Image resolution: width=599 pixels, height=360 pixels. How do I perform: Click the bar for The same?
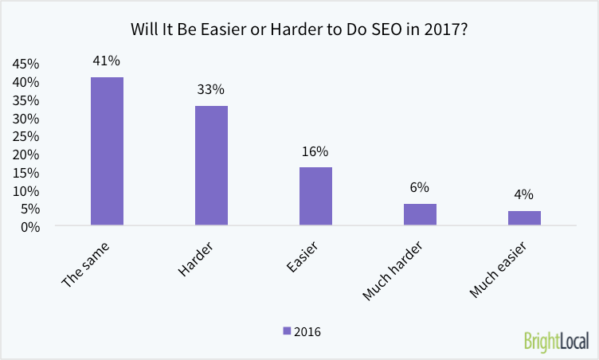tap(107, 151)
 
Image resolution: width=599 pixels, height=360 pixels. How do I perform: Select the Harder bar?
tap(211, 166)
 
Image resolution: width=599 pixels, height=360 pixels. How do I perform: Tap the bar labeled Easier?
tap(315, 197)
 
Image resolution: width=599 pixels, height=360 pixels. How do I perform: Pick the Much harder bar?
tap(420, 215)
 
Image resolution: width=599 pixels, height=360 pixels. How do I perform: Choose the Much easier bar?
tap(524, 218)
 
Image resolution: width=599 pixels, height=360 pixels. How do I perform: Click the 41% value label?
tap(107, 61)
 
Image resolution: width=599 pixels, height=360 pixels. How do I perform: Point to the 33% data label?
tap(211, 89)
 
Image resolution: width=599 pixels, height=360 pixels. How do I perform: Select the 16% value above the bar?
tap(315, 151)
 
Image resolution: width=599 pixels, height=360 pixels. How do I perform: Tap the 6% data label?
tap(420, 187)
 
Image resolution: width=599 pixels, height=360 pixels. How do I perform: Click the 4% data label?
tap(524, 194)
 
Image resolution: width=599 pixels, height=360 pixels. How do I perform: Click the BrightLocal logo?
tap(556, 340)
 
